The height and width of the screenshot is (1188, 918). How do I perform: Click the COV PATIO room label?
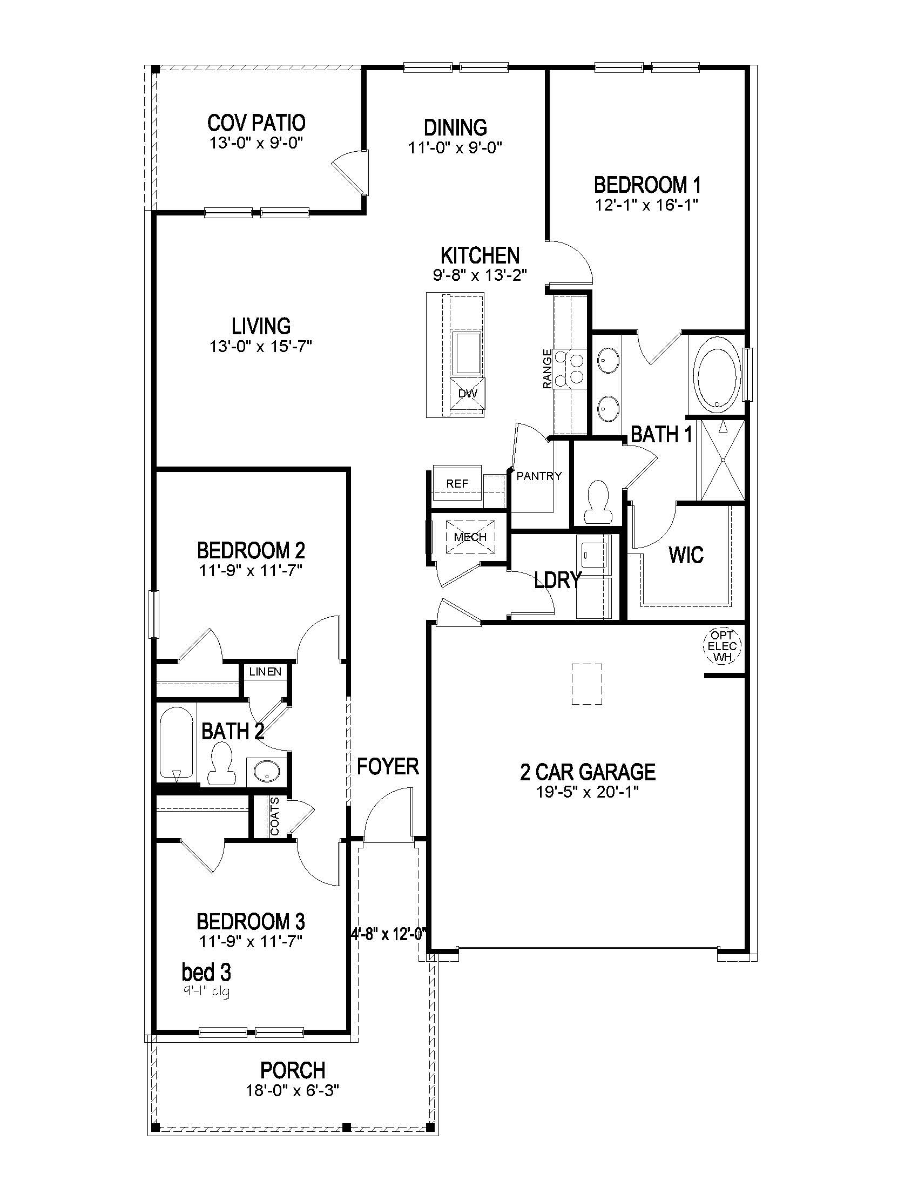pos(256,123)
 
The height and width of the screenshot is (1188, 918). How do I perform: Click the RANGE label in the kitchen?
pos(547,369)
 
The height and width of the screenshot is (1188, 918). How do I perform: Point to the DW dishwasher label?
pos(467,393)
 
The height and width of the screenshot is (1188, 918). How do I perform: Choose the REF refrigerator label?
pos(457,483)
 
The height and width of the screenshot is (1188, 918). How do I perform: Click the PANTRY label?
pos(539,476)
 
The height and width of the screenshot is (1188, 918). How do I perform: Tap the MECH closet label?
pos(470,537)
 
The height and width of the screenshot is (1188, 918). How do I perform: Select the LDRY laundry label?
pos(558,580)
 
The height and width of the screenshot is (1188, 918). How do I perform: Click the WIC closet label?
pos(686,555)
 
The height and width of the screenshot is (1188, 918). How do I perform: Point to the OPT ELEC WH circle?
pos(722,646)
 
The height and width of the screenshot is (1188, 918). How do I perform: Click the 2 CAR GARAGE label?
pos(588,772)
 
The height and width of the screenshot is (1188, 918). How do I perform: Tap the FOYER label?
pos(388,766)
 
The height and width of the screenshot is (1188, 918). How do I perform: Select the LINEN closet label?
pos(265,672)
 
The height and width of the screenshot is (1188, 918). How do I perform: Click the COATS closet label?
pos(275,816)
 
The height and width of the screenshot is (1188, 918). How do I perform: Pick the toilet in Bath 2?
pos(221,764)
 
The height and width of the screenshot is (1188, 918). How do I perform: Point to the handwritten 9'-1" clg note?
pos(207,991)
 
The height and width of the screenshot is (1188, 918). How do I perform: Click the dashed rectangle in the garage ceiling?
pos(587,684)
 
